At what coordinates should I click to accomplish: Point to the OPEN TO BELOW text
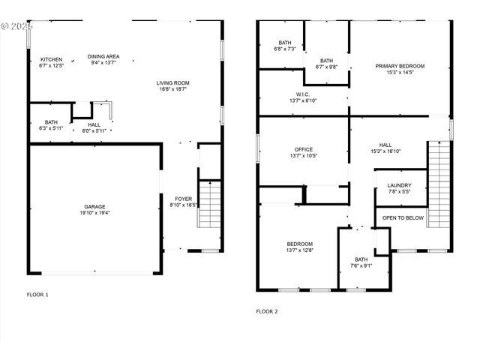point(403,217)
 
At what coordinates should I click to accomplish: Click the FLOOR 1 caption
point(37,295)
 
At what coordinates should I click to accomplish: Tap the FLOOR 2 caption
point(266,310)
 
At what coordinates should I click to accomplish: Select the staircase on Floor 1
point(209,204)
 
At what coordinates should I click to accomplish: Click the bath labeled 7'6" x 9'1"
point(361,265)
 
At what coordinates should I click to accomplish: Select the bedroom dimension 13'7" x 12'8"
point(299,250)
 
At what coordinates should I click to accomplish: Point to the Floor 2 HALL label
point(385,148)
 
